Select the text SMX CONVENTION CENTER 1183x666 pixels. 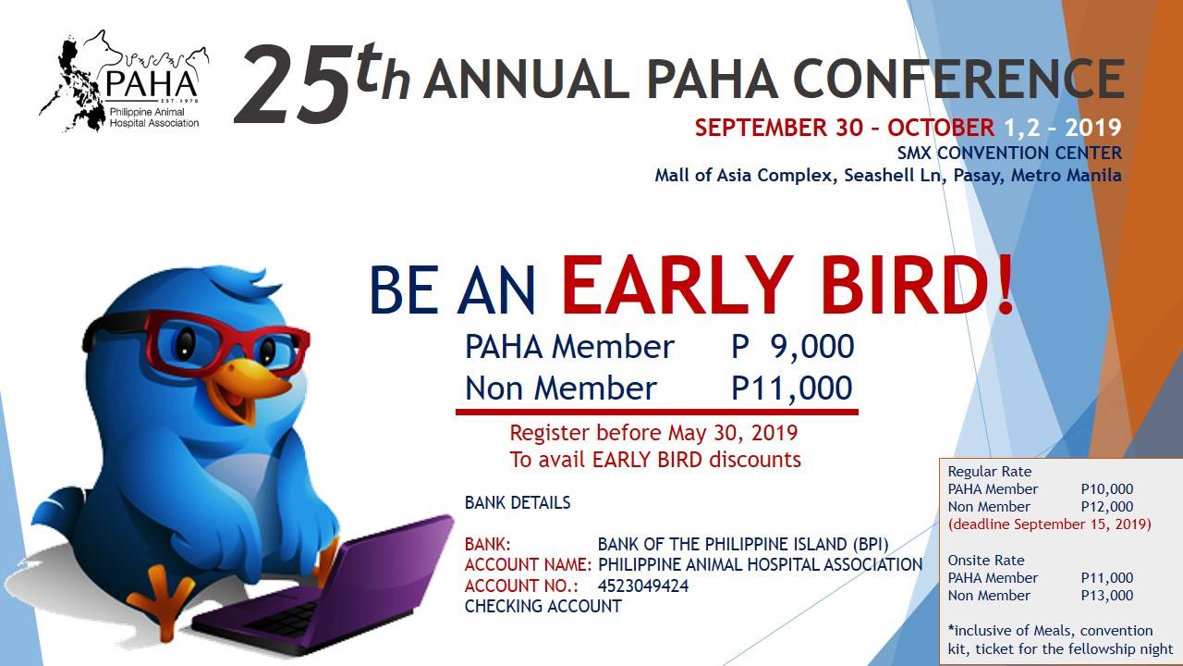[1009, 154]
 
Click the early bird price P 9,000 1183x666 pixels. [792, 347]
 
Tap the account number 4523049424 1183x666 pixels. [642, 586]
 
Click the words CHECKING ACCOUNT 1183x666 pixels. [543, 607]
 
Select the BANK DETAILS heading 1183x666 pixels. [518, 503]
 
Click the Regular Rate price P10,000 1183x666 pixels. [1106, 489]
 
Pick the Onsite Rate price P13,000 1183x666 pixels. [1106, 596]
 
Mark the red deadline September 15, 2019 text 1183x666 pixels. [1050, 524]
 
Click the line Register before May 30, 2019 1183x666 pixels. [653, 433]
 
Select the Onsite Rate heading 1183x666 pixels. [986, 561]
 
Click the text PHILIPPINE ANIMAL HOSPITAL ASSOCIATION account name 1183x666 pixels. [760, 565]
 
